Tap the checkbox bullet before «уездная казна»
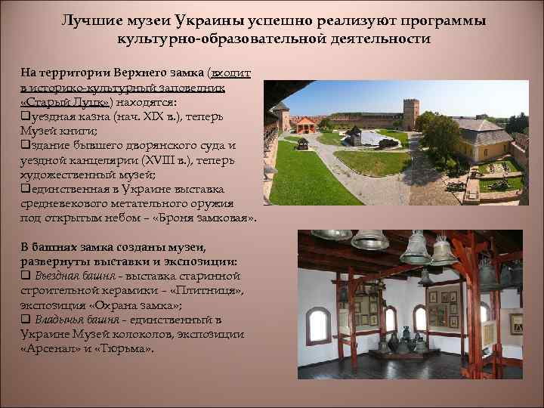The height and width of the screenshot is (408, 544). (25, 118)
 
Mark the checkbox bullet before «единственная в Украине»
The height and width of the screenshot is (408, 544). (25, 190)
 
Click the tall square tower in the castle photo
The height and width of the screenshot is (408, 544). (410, 114)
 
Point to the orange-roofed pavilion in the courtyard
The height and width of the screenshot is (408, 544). (305, 124)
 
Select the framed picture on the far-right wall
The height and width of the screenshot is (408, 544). (515, 324)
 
